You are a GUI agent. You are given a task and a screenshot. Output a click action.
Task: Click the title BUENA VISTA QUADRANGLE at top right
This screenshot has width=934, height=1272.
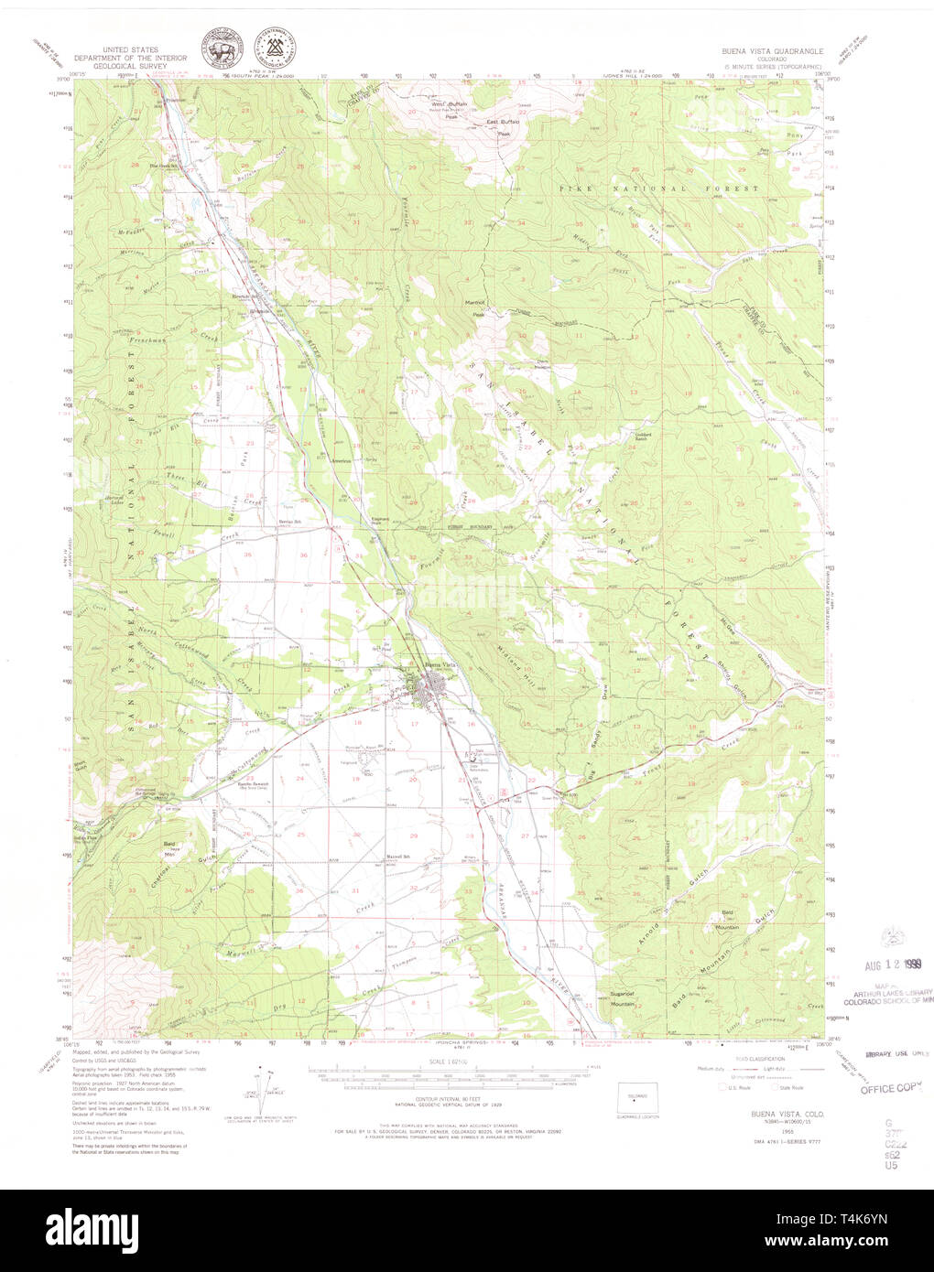click(772, 52)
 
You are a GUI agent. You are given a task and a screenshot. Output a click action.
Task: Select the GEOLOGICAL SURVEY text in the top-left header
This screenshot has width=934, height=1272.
click(129, 68)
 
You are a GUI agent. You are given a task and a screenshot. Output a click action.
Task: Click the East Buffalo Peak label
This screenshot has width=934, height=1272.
click(504, 126)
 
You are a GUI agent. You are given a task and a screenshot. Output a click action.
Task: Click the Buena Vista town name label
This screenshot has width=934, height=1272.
click(438, 664)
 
